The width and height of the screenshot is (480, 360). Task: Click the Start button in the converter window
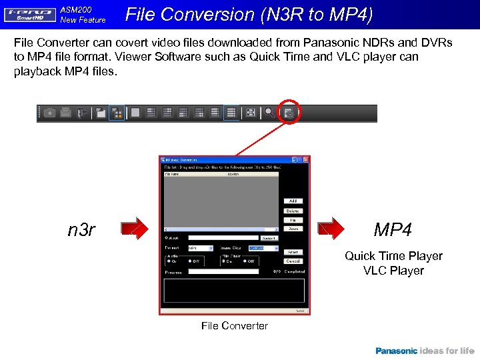(293, 252)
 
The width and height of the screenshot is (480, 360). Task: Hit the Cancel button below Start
(293, 261)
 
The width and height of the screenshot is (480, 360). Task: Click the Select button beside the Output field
(269, 237)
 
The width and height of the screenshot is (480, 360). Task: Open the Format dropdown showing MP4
(200, 248)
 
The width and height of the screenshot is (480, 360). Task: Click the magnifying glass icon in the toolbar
(269, 113)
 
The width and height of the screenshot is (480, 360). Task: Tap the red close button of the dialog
(306, 160)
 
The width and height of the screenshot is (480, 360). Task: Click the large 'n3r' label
(82, 230)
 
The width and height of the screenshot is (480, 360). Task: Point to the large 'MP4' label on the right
(393, 230)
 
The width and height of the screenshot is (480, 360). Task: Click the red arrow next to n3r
(137, 228)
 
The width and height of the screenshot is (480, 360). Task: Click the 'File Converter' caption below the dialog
(235, 326)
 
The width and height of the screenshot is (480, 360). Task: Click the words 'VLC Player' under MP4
(393, 271)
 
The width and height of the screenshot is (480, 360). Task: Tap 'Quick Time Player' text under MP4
(393, 256)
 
